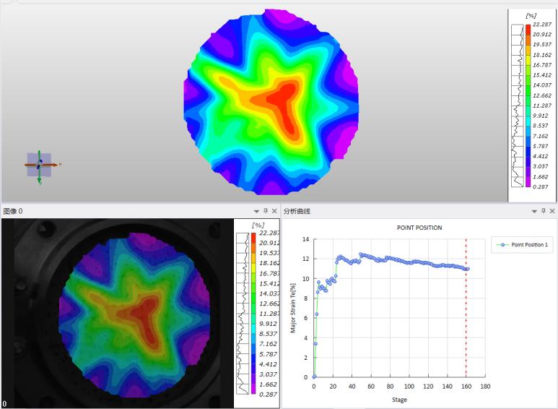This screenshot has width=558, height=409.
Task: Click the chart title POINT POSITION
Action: (x=419, y=228)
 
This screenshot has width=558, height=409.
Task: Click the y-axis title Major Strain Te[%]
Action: (x=292, y=308)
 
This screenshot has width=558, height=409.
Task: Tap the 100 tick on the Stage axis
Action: (x=409, y=387)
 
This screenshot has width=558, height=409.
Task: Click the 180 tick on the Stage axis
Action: (x=486, y=387)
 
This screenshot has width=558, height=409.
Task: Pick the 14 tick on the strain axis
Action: (x=306, y=239)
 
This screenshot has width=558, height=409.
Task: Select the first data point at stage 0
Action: (x=314, y=376)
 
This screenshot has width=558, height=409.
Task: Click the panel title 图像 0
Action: (x=12, y=211)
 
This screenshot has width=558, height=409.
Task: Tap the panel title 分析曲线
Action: (x=297, y=211)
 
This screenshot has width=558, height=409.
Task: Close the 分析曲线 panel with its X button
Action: (x=552, y=211)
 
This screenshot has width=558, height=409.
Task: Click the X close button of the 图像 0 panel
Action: (x=274, y=211)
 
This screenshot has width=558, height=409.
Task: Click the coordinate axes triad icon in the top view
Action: (x=39, y=165)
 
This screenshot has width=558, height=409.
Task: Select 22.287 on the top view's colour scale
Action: (x=541, y=25)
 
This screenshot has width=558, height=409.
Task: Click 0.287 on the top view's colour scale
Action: (x=541, y=186)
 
